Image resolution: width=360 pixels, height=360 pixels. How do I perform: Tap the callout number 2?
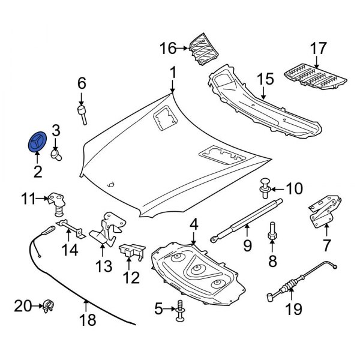point(37,172)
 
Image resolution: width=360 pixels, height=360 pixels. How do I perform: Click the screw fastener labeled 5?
point(181,311)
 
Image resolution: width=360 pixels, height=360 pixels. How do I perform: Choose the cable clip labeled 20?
point(47,307)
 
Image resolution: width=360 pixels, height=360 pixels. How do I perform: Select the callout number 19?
point(295,310)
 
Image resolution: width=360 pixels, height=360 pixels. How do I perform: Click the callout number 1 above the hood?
point(173,73)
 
